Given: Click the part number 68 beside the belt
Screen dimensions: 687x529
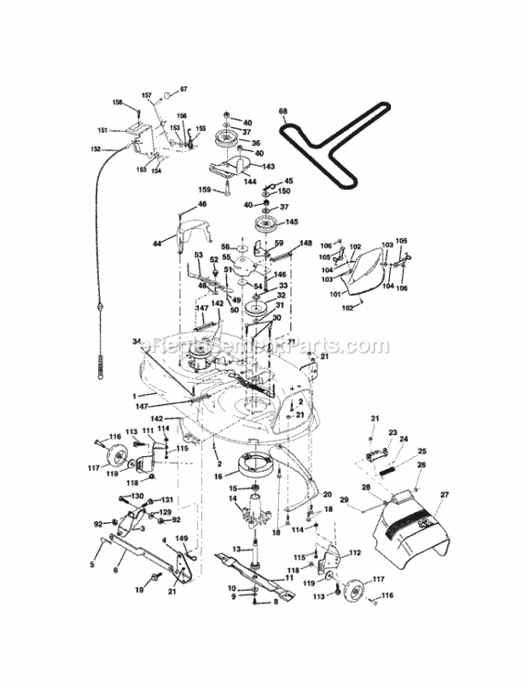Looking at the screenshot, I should tap(284, 113).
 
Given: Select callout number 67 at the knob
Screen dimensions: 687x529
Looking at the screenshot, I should tap(183, 89).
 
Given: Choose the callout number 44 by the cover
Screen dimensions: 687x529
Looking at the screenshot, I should tap(157, 244).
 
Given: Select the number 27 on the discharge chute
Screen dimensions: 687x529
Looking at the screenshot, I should tap(446, 496).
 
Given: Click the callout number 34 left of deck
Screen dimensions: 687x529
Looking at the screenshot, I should tap(136, 341).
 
